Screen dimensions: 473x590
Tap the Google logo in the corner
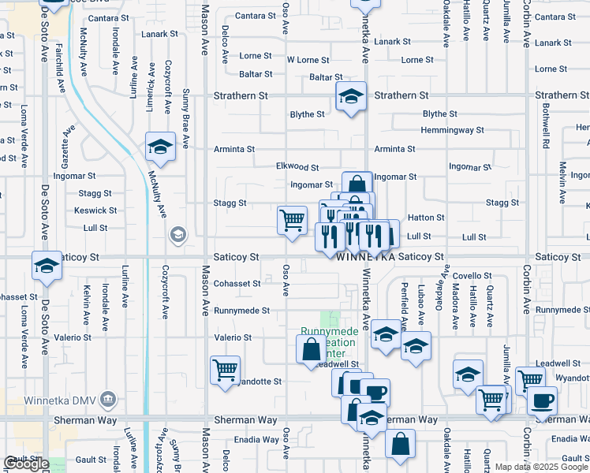click(x=26, y=464)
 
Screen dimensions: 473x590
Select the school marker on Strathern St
click(x=351, y=97)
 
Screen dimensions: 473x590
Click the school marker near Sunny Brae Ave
click(x=161, y=146)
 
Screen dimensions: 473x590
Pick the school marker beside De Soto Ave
click(x=47, y=266)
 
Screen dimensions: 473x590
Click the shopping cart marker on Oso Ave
click(x=292, y=219)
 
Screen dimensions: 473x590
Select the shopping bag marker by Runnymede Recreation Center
click(x=312, y=348)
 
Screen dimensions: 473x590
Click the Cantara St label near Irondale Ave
click(x=109, y=17)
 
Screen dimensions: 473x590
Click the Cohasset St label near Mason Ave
click(x=237, y=284)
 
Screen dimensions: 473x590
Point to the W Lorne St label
click(x=308, y=60)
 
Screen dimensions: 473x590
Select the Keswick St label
click(x=95, y=211)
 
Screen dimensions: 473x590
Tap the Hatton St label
click(x=427, y=218)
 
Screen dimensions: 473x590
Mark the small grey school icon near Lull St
click(x=178, y=234)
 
